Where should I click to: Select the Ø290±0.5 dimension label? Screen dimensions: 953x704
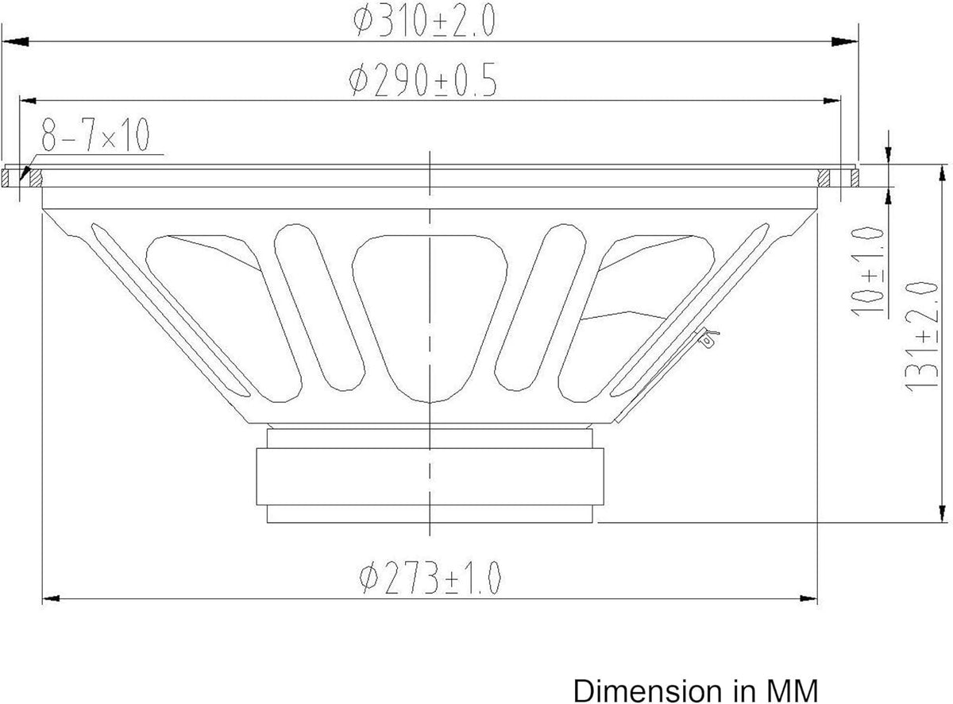tap(422, 80)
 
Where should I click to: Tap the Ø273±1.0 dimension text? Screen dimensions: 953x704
tap(430, 577)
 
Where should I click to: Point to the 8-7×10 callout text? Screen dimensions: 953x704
tap(95, 134)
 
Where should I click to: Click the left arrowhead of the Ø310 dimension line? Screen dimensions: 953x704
tap(16, 41)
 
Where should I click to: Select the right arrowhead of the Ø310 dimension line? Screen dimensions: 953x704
tap(845, 41)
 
